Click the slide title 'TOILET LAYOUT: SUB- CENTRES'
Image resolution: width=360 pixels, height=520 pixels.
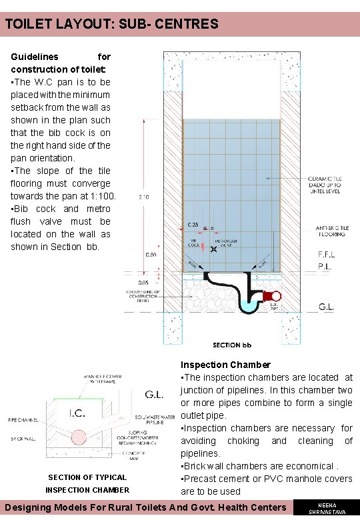[x=112, y=25]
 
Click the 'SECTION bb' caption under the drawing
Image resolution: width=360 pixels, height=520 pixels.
[x=231, y=345]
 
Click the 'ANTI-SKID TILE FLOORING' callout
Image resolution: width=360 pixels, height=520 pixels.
[x=330, y=231]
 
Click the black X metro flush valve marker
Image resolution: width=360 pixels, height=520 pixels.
[x=213, y=249]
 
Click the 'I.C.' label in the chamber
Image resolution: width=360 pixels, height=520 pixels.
[x=78, y=413]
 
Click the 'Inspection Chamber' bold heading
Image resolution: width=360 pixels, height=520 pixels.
[x=225, y=365]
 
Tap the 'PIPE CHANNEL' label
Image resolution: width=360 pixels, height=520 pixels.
[x=22, y=420]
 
